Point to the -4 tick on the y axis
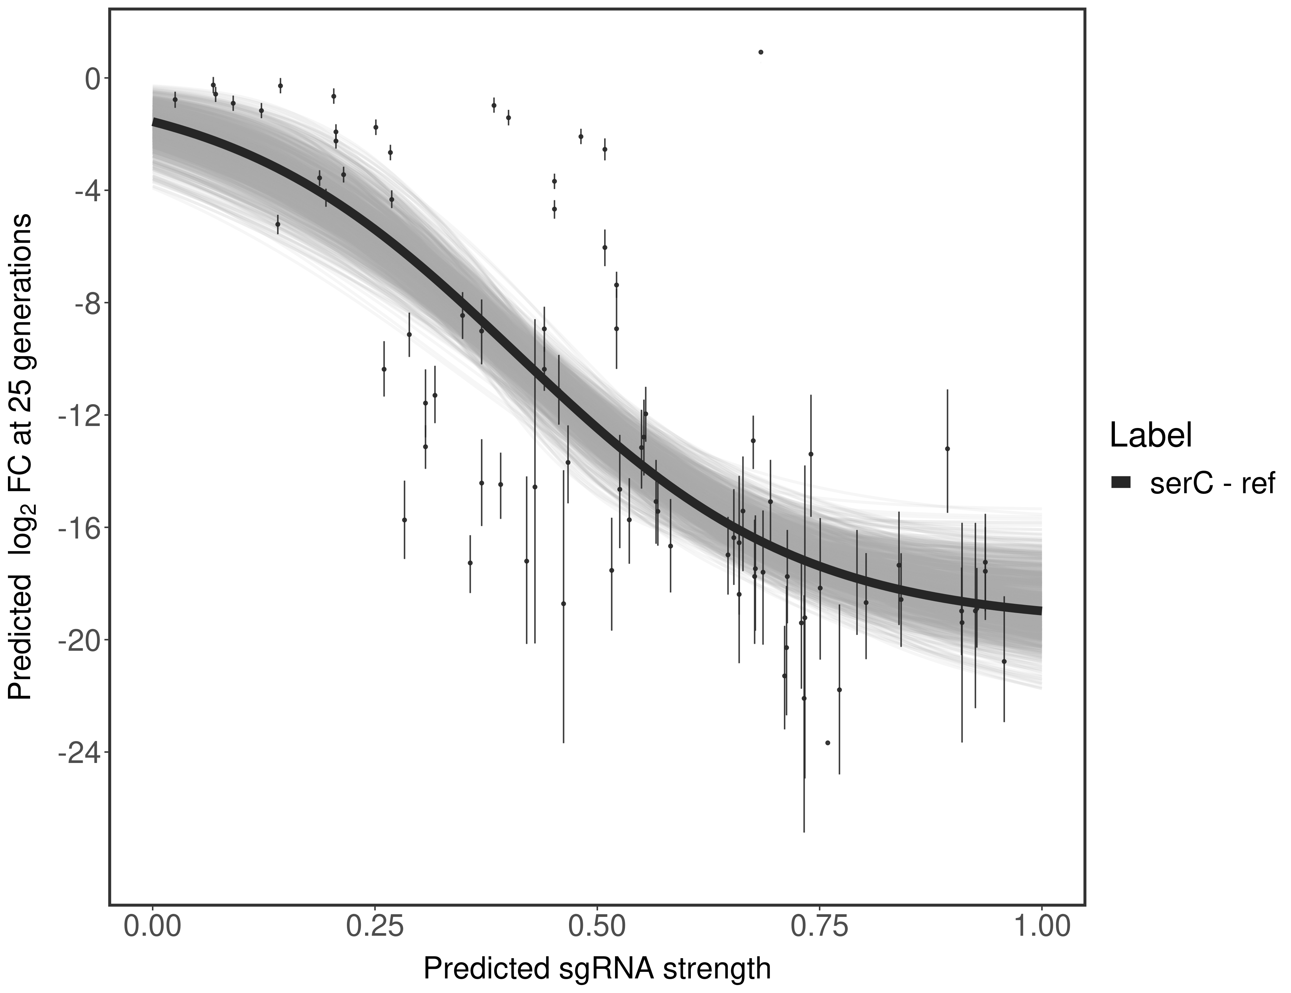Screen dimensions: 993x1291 point(86,191)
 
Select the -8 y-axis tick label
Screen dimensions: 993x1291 point(86,303)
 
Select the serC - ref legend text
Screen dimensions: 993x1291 point(1212,483)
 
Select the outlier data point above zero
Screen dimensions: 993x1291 point(761,52)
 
